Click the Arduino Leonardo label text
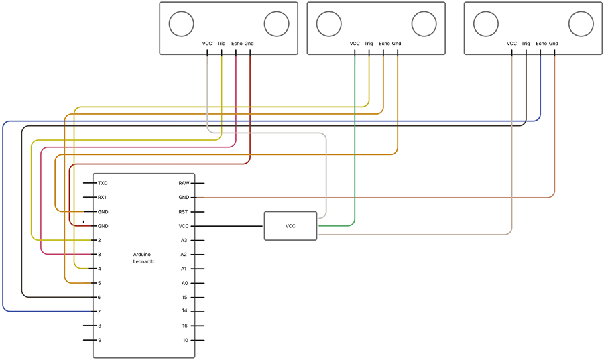coord(143,258)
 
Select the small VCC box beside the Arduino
coord(290,226)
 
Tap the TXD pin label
coord(103,183)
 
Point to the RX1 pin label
coord(103,198)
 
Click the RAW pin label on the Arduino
coord(184,183)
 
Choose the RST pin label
coord(184,212)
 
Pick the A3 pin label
coord(184,240)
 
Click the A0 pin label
coord(184,283)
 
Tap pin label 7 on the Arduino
coord(99,312)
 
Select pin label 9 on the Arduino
coord(99,341)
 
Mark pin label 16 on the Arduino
coord(184,326)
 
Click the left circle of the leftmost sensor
coord(180,24)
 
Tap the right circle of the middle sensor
coord(424,24)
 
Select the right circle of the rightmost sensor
coord(581,24)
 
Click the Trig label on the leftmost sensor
coord(221,44)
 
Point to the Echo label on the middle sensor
coord(384,44)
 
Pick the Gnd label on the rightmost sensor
coord(554,44)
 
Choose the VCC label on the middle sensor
coord(355,44)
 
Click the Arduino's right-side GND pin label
coord(184,198)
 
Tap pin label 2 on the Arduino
coord(99,240)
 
